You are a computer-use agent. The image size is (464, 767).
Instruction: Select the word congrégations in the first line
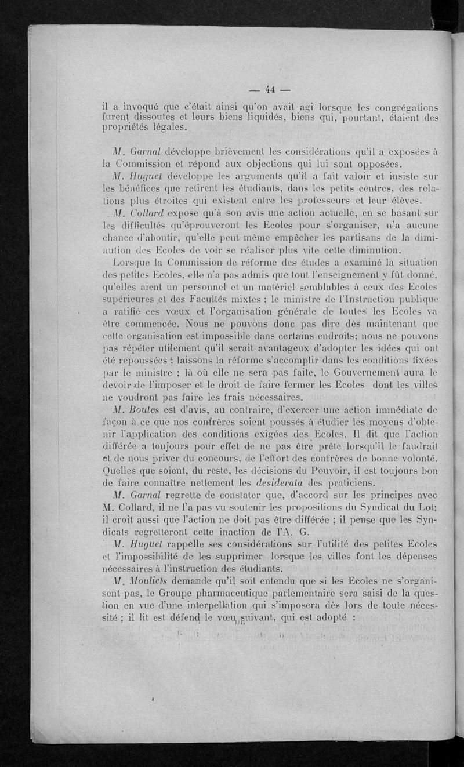[x=405, y=107]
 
